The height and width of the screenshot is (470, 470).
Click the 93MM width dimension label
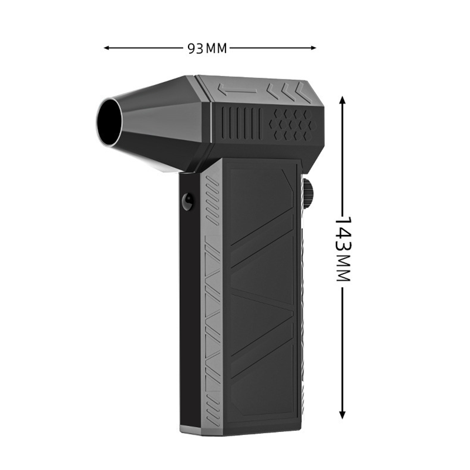tap(207, 48)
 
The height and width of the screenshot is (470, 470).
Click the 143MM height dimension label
tap(342, 249)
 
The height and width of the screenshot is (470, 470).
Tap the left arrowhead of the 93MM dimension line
tap(107, 48)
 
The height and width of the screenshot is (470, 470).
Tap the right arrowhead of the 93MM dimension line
tap(313, 48)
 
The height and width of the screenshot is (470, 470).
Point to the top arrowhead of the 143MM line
tap(343, 100)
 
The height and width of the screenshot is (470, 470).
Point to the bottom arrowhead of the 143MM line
tap(343, 415)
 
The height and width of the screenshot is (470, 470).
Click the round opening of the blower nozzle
tap(109, 122)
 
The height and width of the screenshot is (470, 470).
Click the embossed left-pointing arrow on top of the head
tap(238, 90)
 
